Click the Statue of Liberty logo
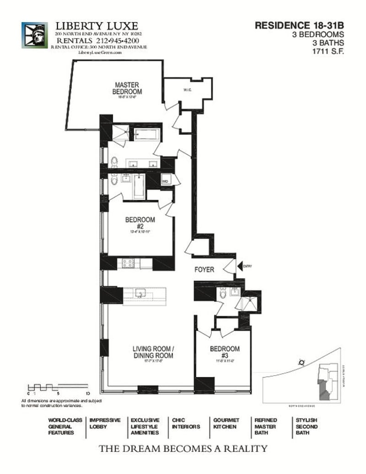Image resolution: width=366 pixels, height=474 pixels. (34, 35)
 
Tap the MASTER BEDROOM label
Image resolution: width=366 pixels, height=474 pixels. (127, 88)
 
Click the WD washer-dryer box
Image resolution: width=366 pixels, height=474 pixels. (165, 182)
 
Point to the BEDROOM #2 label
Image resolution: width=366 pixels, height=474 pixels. (140, 223)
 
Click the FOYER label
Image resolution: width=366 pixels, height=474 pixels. (204, 270)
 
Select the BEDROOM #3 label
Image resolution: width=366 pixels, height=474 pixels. (224, 352)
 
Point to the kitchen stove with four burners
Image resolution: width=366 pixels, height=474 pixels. (127, 263)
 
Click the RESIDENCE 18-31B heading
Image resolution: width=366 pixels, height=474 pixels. (299, 26)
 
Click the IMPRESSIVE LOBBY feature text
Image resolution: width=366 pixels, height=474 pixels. (105, 423)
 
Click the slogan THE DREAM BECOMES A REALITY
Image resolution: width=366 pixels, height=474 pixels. (183, 448)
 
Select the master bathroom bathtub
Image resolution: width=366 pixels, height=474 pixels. (146, 135)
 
